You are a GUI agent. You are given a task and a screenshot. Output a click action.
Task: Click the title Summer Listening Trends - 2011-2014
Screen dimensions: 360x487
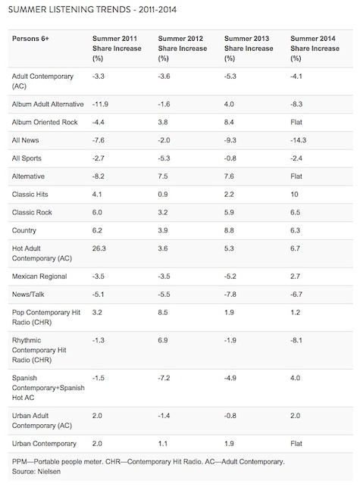click(x=92, y=10)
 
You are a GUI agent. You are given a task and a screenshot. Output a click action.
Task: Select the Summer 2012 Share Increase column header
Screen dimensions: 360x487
click(x=182, y=48)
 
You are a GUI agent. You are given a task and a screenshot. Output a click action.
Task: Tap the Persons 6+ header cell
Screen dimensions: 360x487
click(x=30, y=39)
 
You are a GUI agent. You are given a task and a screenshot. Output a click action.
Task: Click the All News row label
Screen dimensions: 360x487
click(x=25, y=140)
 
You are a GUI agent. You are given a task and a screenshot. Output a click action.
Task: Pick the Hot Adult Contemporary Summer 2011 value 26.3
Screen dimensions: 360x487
click(x=99, y=248)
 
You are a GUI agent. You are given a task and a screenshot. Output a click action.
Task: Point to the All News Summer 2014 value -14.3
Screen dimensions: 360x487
click(x=298, y=140)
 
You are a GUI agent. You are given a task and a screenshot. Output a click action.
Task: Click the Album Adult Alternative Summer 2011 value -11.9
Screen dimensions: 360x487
click(x=100, y=104)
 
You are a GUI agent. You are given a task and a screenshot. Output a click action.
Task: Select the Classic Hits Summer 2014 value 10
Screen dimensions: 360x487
click(x=294, y=195)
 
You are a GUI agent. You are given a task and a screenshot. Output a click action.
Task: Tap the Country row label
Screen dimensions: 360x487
click(x=24, y=230)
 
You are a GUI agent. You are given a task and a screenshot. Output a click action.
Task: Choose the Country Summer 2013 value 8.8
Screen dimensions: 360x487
click(x=229, y=230)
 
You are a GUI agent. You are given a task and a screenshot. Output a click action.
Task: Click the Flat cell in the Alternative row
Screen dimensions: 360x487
click(x=296, y=176)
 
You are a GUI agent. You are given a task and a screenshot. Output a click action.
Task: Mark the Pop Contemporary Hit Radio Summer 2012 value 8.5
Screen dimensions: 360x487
click(x=163, y=313)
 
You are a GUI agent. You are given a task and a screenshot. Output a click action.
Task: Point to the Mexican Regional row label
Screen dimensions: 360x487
click(x=39, y=276)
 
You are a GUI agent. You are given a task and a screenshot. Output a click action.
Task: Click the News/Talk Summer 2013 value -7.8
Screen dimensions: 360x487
click(x=230, y=295)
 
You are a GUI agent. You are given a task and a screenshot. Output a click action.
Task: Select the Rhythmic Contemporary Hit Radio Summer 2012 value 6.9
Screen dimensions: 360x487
click(x=163, y=340)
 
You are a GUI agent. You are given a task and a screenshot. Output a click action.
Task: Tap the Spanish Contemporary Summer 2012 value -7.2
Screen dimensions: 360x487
click(x=164, y=378)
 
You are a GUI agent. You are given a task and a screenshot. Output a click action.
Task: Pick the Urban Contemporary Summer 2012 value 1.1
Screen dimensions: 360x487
click(x=162, y=444)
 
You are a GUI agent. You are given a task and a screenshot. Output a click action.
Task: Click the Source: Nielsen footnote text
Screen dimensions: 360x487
click(x=36, y=471)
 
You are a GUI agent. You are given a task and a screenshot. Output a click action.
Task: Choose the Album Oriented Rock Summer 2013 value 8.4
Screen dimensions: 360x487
click(x=229, y=122)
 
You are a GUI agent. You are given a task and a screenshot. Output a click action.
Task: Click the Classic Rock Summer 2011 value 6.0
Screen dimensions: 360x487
click(x=97, y=212)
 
